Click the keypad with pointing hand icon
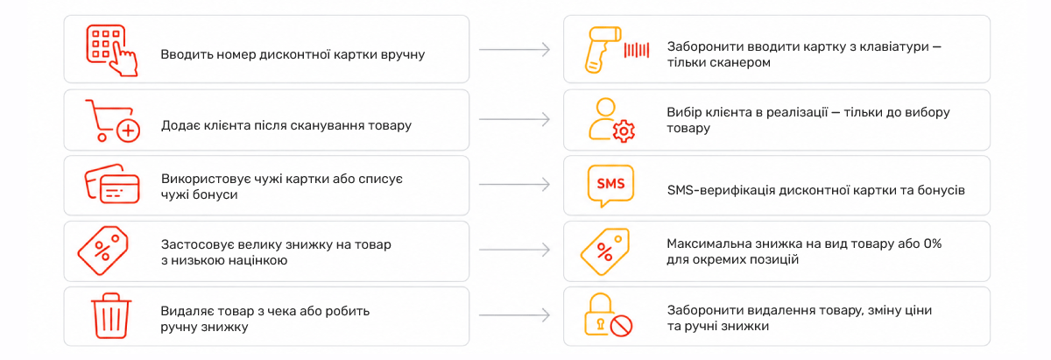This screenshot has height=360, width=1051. click(x=111, y=50)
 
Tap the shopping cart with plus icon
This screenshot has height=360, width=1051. click(x=113, y=121)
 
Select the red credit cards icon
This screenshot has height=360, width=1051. click(x=112, y=184)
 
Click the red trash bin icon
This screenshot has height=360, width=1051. click(x=111, y=315)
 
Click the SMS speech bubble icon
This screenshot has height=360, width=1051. click(x=610, y=186)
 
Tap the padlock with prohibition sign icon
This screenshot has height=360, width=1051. click(x=608, y=315)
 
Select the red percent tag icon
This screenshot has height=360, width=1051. click(x=102, y=251)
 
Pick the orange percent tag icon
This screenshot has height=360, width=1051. click(x=604, y=251)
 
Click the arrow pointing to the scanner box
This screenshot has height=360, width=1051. click(x=514, y=49)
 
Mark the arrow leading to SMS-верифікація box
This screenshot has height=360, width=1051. click(x=514, y=185)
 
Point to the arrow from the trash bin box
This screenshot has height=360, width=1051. click(x=514, y=315)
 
